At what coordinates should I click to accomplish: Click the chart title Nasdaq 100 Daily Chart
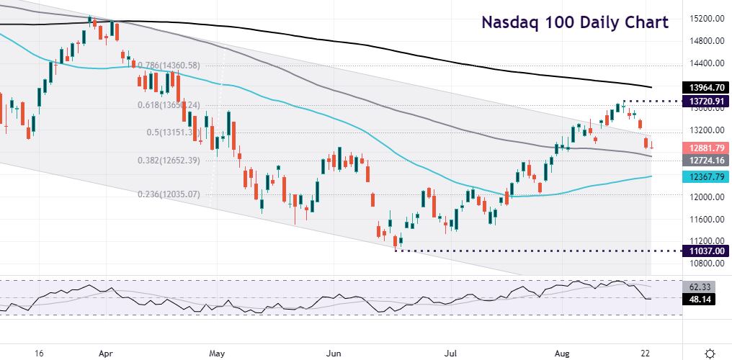click(574, 22)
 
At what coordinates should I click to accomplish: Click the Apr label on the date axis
click(105, 353)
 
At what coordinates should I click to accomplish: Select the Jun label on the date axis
click(334, 353)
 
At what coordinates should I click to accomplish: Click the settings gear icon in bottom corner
click(710, 353)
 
